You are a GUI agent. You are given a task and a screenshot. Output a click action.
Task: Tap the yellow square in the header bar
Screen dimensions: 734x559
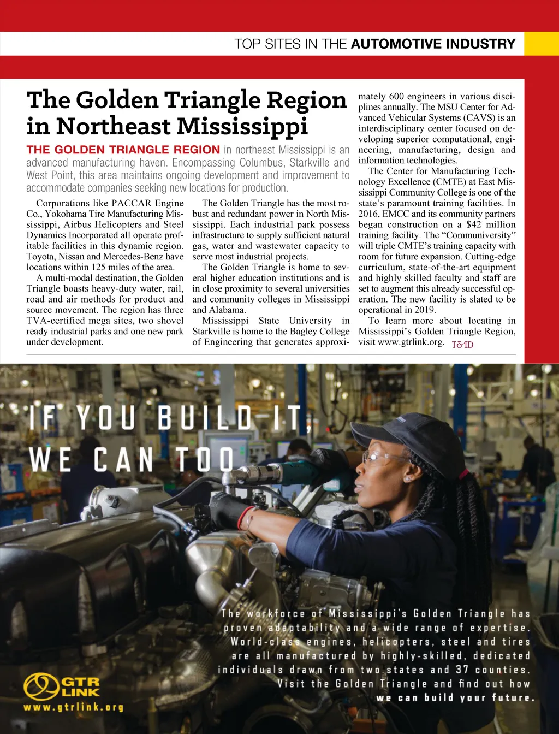point(541,44)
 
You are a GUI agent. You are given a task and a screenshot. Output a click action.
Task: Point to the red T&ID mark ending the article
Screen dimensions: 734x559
point(462,345)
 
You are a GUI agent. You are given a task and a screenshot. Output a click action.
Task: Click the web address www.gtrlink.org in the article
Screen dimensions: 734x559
point(410,342)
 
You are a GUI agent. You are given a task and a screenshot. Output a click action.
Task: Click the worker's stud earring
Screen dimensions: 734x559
point(407,479)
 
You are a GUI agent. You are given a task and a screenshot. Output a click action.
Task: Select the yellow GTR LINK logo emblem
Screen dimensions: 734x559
point(41,686)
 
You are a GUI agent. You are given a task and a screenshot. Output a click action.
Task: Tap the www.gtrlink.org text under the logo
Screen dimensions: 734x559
point(73,707)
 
